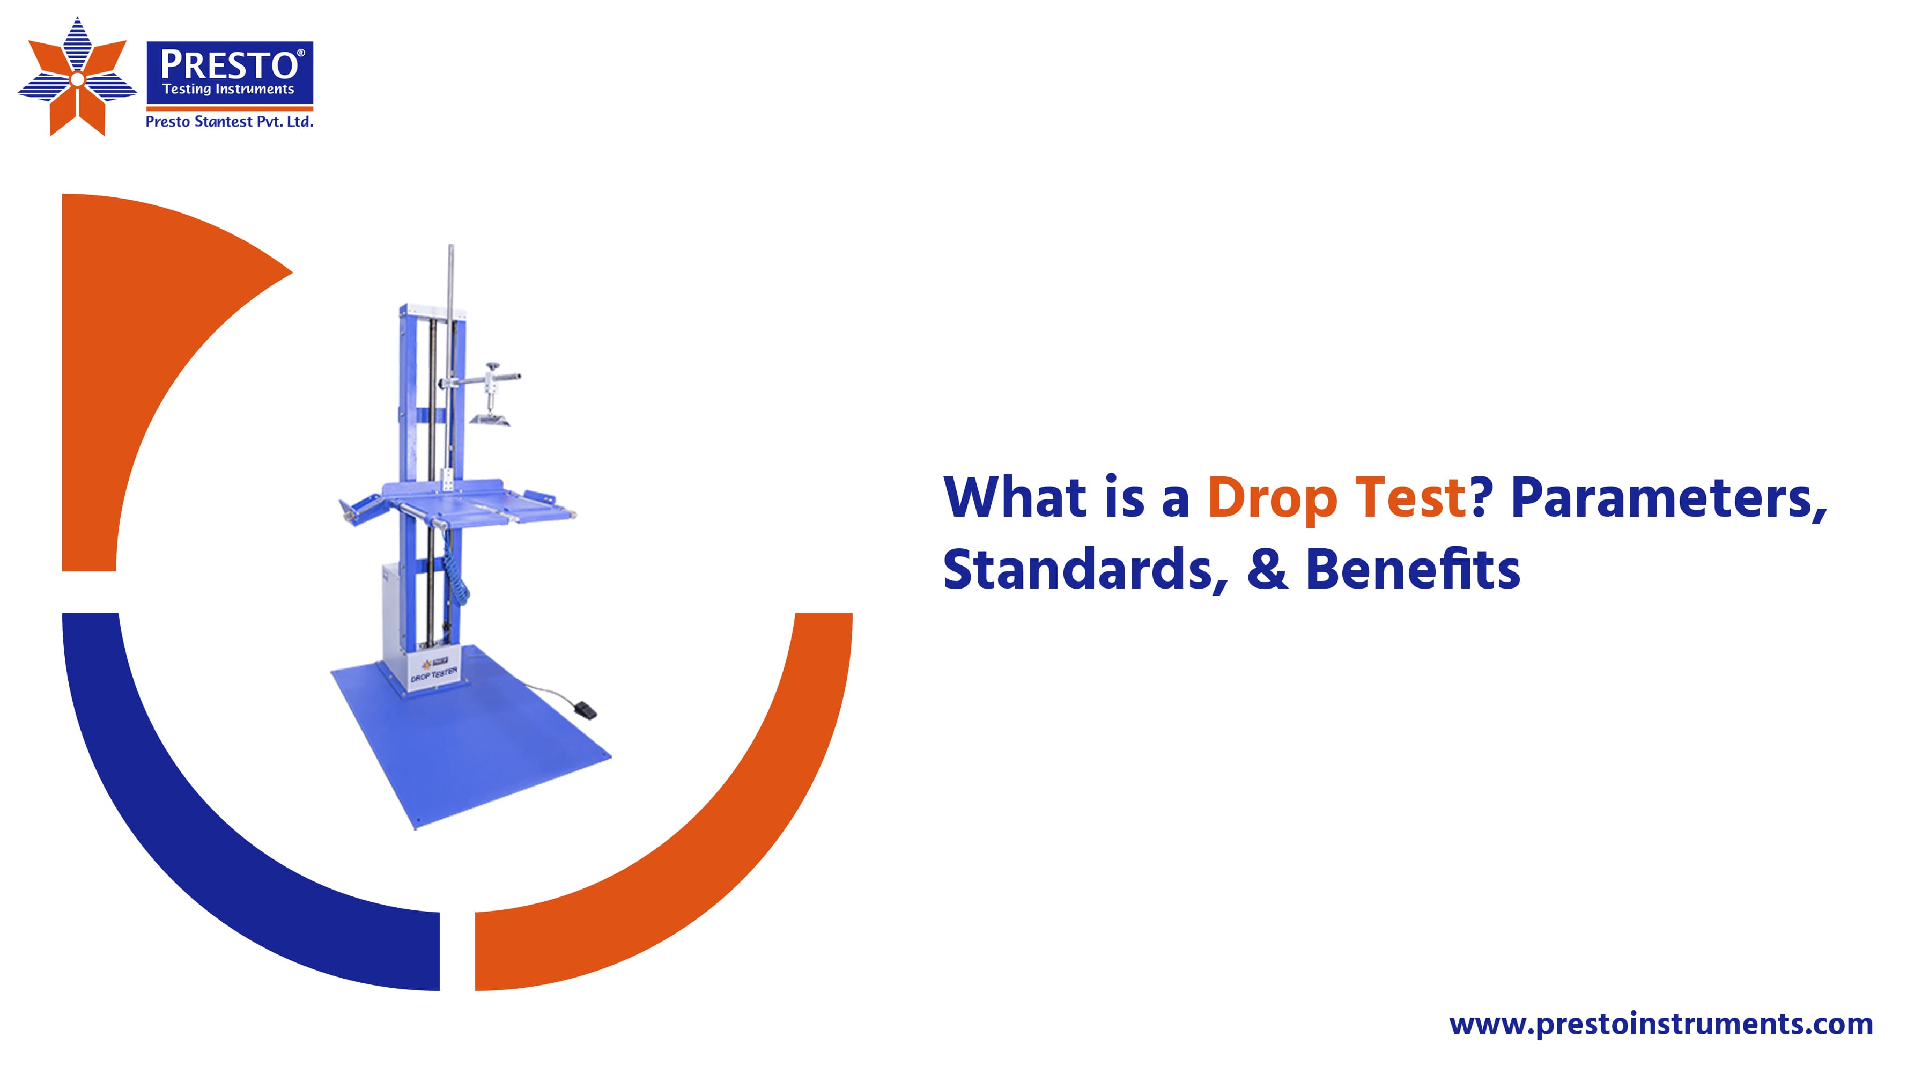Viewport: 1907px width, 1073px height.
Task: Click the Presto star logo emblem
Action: point(77,78)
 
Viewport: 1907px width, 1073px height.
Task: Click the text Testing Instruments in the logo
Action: point(228,90)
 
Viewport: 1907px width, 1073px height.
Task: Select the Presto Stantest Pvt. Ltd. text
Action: point(230,121)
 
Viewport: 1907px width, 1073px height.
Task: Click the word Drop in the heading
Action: point(1272,498)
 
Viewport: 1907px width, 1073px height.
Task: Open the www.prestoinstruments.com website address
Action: point(1660,1024)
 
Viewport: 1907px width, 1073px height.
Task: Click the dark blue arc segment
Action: point(222,851)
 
